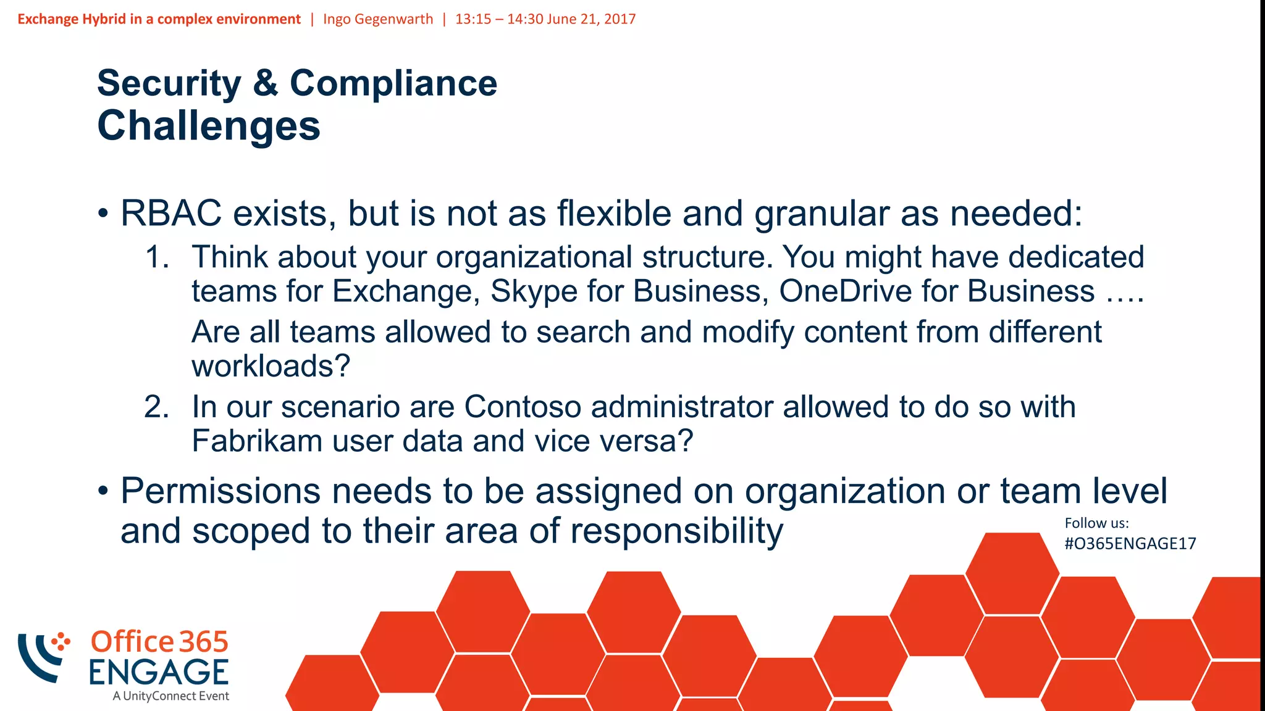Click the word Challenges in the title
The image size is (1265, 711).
[209, 126]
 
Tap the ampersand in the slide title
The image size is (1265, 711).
[265, 83]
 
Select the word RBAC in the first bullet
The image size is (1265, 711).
[171, 214]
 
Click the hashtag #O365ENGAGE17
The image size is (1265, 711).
[1130, 544]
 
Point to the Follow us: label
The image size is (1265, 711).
[1096, 523]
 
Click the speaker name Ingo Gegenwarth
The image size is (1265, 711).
[378, 19]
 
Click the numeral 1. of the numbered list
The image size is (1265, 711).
[157, 257]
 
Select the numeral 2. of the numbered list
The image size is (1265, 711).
[157, 407]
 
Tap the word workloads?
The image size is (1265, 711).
[271, 366]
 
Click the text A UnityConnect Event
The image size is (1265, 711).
[170, 696]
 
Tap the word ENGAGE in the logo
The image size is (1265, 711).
[159, 672]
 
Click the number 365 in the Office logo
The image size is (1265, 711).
[204, 642]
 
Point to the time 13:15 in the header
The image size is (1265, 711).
[473, 19]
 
